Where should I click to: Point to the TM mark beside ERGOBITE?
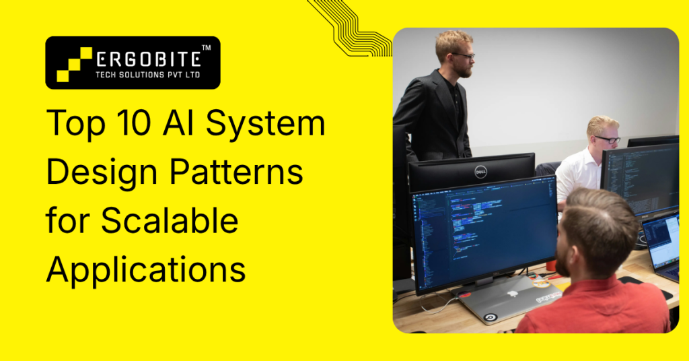206,48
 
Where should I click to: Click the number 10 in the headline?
137,127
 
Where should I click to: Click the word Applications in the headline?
145,269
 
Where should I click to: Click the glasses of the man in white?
608,139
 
